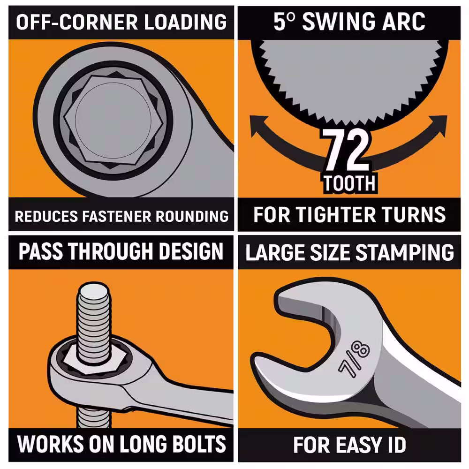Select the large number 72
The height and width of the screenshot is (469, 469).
coord(347,150)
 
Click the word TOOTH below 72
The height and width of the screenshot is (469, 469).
coord(349,183)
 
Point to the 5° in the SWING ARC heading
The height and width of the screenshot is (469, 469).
coord(285,22)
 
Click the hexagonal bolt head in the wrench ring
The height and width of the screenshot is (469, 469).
coord(113,120)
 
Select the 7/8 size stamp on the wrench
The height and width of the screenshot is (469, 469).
coord(354,358)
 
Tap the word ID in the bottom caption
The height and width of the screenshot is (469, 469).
coord(395,445)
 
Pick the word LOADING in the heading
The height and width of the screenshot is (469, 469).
coord(185,22)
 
